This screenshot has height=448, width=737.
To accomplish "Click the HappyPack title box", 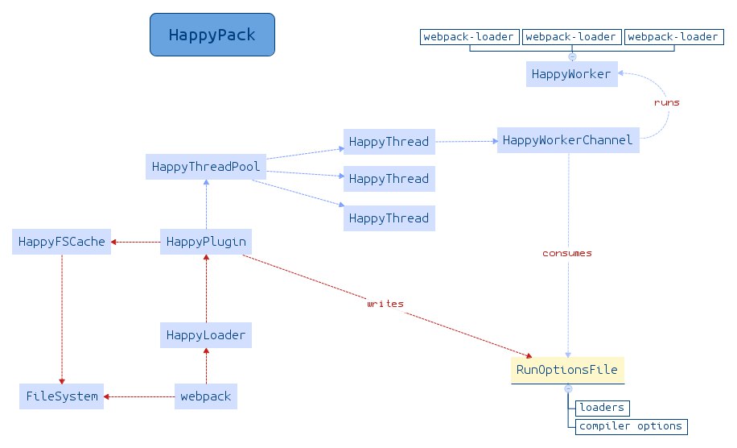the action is [212, 35].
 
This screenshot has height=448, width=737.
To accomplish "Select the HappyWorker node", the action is [571, 74].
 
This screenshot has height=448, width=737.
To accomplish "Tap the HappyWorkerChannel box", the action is [568, 140].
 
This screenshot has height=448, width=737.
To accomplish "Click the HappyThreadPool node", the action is [206, 167].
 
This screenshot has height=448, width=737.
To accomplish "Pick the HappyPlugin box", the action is [206, 242].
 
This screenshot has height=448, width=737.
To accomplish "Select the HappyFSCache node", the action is [62, 242].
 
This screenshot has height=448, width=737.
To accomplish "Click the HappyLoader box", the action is [206, 335].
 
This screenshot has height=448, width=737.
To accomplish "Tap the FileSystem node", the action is [62, 396].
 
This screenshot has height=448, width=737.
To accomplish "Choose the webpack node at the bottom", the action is [206, 396].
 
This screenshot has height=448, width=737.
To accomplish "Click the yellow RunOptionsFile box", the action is [567, 370].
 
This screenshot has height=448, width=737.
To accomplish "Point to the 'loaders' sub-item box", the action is [602, 408].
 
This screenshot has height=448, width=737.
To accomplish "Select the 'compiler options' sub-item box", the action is [631, 426].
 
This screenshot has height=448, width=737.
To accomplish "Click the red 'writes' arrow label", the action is [385, 304].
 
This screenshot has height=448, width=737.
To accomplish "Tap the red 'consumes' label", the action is [567, 253].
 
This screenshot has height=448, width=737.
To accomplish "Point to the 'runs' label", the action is [666, 102].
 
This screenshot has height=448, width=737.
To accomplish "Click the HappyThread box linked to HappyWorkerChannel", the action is [389, 142].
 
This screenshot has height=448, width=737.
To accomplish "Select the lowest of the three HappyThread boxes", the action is [389, 218].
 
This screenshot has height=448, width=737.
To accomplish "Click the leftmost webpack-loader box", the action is [469, 37].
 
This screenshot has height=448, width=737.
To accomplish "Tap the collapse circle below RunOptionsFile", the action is [568, 388].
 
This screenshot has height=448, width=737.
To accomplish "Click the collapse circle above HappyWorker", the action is [572, 56].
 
